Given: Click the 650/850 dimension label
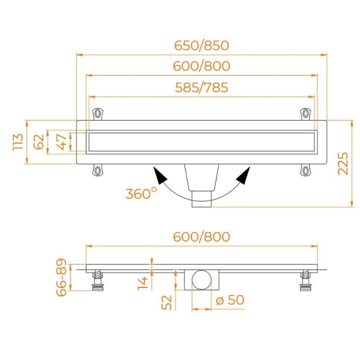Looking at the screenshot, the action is pos(202,46).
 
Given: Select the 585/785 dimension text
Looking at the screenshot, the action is pos(202,88).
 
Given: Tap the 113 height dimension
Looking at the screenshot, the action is pos(18,142).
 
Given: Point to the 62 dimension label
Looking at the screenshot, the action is pos(39,142).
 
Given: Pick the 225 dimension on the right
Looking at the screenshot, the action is pos(343,164).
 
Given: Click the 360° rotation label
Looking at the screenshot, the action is pos(141,193).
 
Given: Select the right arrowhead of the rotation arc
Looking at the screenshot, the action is pos(243,176).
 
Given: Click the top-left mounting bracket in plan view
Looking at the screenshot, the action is pos(98,114).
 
